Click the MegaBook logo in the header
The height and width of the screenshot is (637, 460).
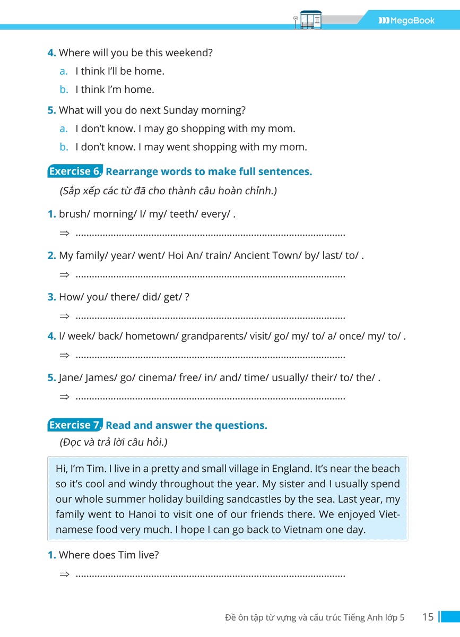(x=406, y=21)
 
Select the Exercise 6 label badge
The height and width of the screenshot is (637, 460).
(x=75, y=171)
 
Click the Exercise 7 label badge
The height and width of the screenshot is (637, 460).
(x=75, y=425)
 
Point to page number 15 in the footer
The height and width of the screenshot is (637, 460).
(x=428, y=617)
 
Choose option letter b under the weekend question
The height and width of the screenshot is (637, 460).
(x=64, y=90)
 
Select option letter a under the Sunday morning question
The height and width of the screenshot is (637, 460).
(x=64, y=128)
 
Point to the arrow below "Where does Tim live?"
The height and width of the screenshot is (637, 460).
(x=65, y=574)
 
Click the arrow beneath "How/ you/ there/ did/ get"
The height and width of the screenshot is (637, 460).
(x=65, y=316)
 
